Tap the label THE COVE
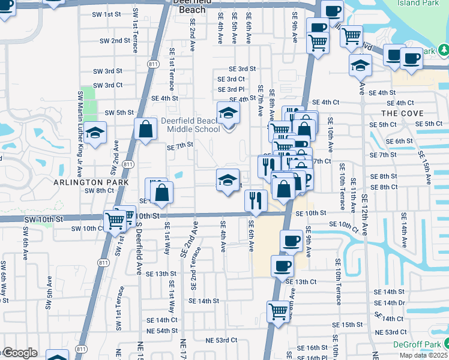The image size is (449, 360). coord(402,113)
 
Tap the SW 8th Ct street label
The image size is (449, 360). coord(99,191)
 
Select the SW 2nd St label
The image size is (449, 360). coord(115,41)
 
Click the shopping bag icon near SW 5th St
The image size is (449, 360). coord(146,128)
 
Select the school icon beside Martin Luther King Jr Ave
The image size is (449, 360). coord(95,133)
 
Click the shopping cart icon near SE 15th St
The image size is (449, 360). coord(278,311)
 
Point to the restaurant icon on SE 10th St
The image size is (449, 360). coord(256,200)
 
